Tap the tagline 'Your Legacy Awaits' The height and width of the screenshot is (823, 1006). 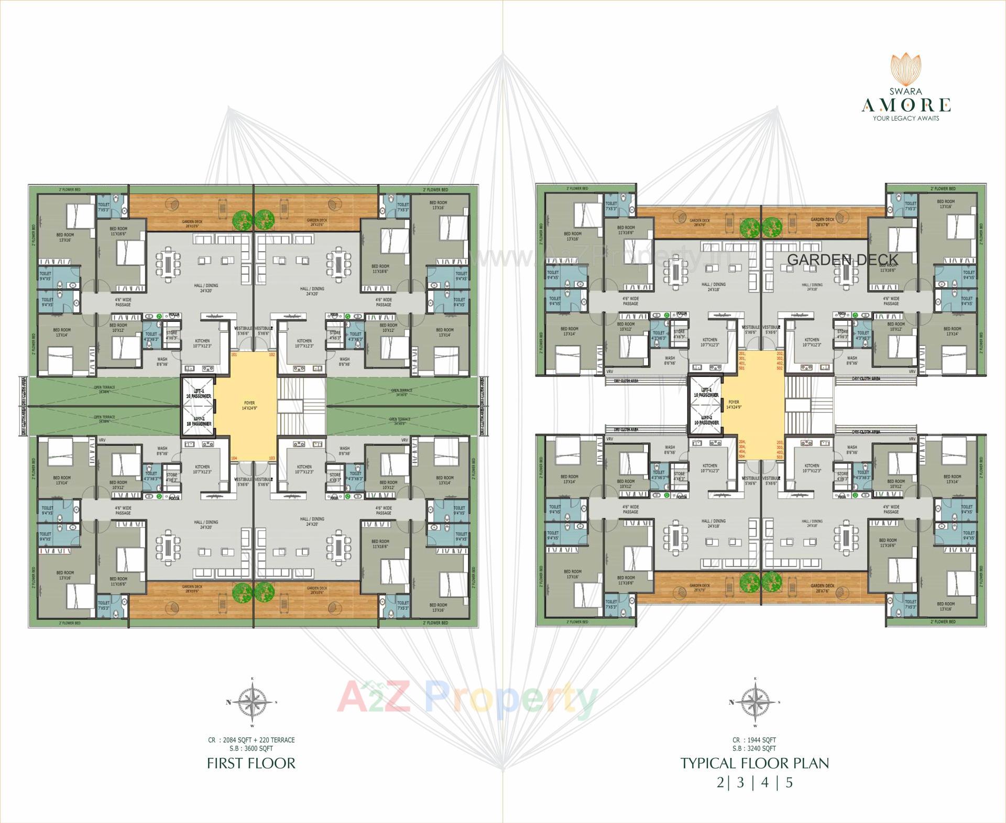906,118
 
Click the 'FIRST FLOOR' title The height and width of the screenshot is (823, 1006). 251,763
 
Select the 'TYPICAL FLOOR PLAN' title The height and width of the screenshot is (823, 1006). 755,763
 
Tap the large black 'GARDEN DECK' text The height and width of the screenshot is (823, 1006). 843,259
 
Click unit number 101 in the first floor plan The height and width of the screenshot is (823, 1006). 234,355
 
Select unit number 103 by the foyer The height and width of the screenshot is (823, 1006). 272,458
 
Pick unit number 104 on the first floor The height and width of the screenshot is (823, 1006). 234,458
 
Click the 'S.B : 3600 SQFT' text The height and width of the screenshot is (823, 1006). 251,749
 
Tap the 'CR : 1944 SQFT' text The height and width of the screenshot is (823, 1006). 754,740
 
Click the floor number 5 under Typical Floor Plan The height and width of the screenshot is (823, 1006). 789,783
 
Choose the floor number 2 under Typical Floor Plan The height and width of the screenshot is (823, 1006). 720,783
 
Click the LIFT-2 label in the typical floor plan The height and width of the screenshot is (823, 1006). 706,420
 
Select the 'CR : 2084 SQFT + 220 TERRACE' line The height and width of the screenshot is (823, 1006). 251,740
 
